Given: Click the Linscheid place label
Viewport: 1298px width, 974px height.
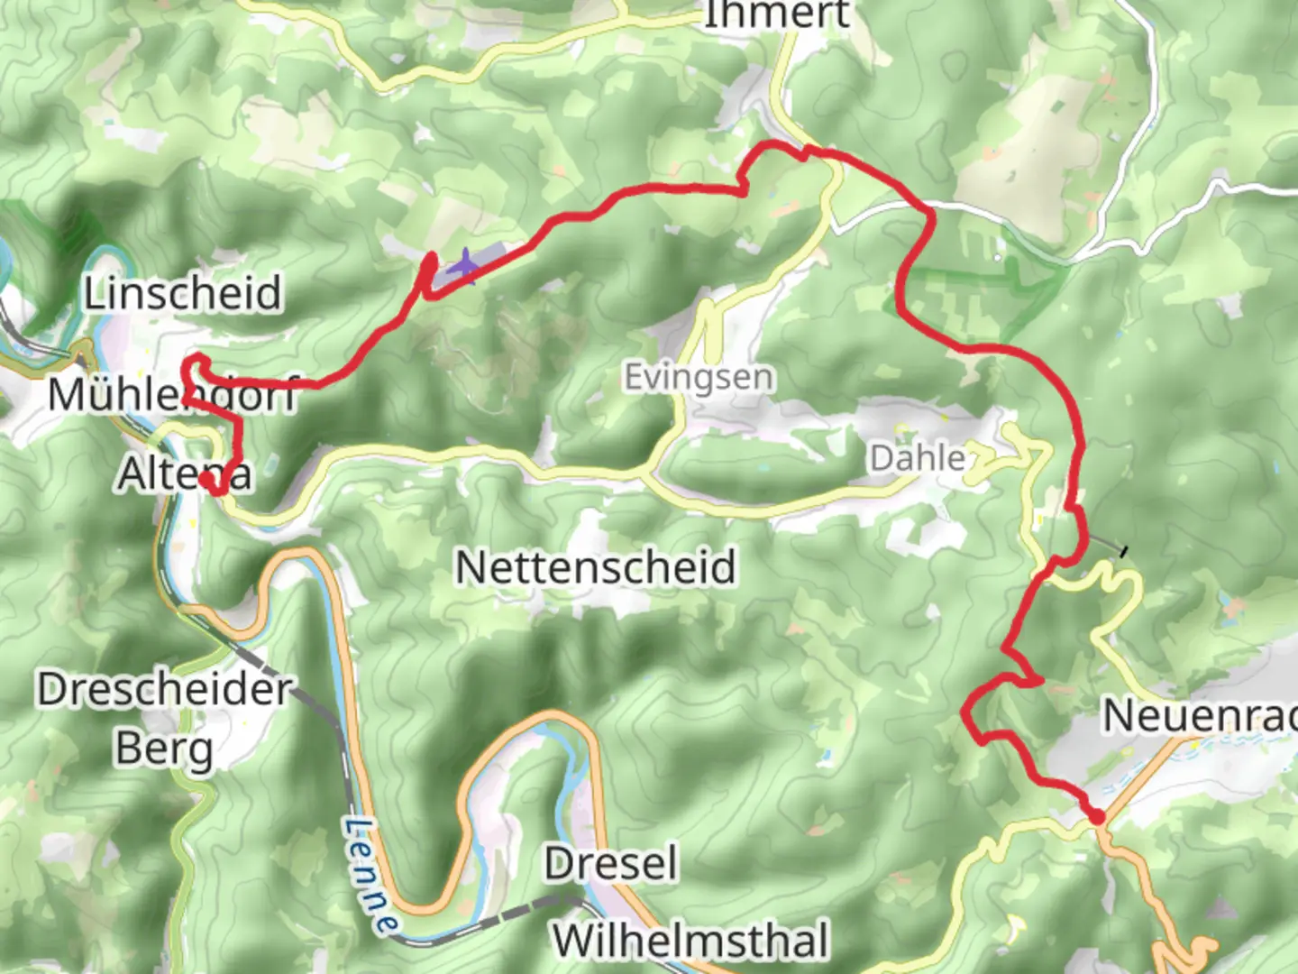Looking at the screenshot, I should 183,293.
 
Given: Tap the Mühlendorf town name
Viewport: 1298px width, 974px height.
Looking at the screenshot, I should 172,395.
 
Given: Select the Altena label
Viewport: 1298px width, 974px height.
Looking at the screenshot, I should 184,473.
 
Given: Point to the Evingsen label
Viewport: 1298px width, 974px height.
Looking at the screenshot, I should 699,377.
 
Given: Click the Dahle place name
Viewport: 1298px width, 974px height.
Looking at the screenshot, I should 917,458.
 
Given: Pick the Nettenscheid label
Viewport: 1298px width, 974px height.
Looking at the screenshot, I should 595,567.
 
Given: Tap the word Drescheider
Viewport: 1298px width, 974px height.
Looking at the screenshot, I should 165,690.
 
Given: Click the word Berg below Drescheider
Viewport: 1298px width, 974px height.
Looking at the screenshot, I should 164,749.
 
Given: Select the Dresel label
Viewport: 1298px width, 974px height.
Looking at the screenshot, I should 610,864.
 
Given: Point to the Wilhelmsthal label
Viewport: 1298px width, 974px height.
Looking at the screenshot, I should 690,941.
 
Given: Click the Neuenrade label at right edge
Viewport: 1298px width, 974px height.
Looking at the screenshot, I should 1199,716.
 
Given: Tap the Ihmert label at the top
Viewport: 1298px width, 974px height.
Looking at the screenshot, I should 775,14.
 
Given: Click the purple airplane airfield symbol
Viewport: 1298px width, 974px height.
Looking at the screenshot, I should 464,265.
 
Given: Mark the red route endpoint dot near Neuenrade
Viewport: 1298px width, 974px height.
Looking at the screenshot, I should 1097,817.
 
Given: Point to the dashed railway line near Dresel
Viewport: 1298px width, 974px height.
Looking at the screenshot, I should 523,906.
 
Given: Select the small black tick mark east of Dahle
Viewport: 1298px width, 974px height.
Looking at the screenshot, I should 1122,549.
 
